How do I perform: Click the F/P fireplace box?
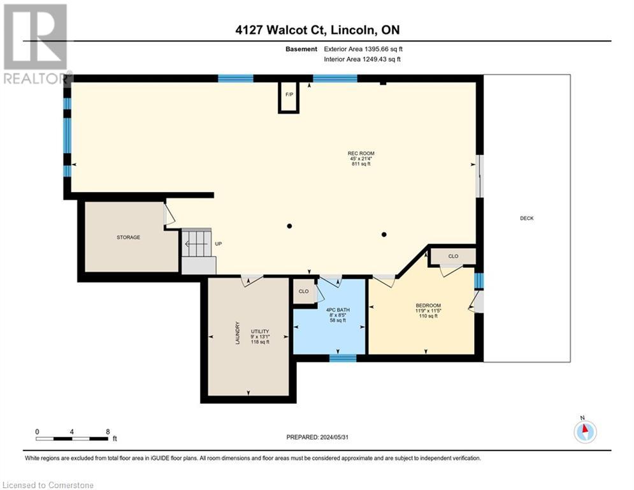tap(289, 97)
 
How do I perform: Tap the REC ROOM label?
tap(361, 154)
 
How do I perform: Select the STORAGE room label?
tap(129, 237)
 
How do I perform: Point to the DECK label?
tap(527, 218)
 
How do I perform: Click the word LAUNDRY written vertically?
tap(238, 333)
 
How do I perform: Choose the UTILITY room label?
tap(260, 331)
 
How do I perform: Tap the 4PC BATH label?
tap(338, 310)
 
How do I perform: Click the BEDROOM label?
tap(428, 306)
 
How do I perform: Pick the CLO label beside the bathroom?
tap(304, 291)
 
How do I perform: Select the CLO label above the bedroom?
tap(453, 256)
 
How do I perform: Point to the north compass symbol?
tap(585, 432)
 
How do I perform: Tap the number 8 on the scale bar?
tap(108, 432)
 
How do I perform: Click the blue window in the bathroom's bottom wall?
tap(343, 358)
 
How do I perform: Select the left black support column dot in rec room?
tap(289, 226)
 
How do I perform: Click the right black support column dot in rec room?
tap(384, 234)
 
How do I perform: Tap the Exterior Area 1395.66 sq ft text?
tap(363, 49)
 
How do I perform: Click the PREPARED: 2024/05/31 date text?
tap(317, 437)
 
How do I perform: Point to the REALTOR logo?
tap(36, 44)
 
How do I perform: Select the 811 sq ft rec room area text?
tap(361, 164)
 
